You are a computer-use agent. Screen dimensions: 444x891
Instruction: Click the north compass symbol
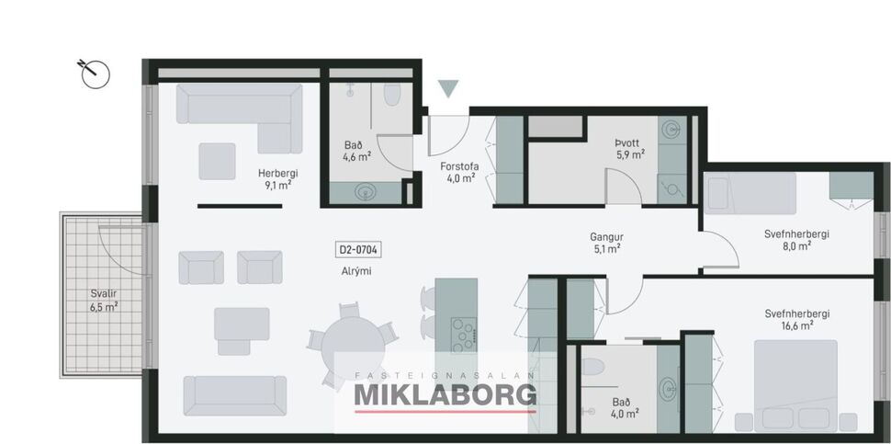point(95,74)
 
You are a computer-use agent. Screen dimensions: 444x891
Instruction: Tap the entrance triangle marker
point(447,88)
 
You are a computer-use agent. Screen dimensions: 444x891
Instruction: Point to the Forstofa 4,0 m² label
point(459,172)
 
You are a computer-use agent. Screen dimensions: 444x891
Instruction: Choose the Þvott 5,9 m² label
point(629,149)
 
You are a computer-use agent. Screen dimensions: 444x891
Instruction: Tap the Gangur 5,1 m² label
point(606,242)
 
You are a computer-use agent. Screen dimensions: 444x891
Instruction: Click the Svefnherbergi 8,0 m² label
point(796,239)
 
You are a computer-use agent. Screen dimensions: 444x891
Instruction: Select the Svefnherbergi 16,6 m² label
point(796,319)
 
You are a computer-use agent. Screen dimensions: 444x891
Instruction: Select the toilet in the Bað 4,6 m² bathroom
point(392,96)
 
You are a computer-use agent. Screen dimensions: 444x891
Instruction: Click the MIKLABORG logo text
point(445,395)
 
